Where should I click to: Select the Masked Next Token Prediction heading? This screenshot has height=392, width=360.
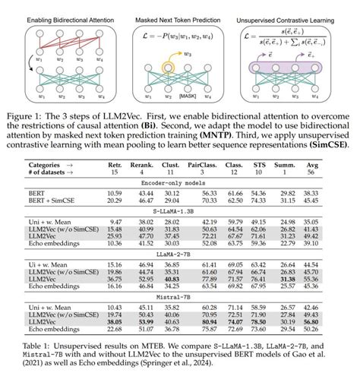[179, 14]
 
